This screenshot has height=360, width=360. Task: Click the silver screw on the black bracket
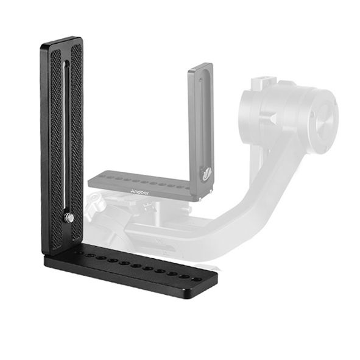70,217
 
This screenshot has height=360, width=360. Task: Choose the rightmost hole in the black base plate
195,279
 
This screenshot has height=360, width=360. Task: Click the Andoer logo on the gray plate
139,189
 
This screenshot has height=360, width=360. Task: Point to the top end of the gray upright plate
200,66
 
